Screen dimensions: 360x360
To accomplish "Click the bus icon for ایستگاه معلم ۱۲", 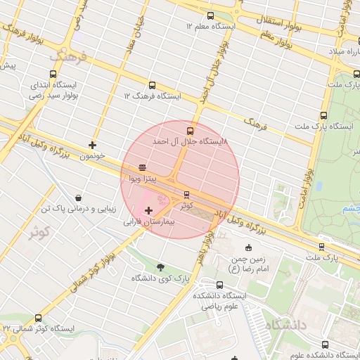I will pyautogui.click(x=211, y=15).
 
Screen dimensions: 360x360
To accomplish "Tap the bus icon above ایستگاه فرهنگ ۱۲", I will pyautogui.click(x=153, y=84).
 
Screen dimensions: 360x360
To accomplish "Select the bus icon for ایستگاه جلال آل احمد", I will pyautogui.click(x=190, y=131).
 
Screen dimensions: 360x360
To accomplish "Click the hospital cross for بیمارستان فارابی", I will pyautogui.click(x=148, y=210).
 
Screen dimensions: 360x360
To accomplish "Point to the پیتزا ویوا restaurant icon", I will pyautogui.click(x=143, y=167).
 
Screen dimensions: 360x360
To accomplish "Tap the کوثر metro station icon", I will pyautogui.click(x=186, y=195).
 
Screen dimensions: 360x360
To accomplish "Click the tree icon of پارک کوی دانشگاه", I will pyautogui.click(x=160, y=267).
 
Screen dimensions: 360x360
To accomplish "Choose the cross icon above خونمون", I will pyautogui.click(x=92, y=144).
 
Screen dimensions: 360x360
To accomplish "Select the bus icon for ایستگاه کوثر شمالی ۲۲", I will pyautogui.click(x=38, y=318).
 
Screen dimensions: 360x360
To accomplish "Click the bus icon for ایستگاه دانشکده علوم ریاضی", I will pyautogui.click(x=220, y=285).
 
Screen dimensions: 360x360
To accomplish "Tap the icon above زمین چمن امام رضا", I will pyautogui.click(x=248, y=247).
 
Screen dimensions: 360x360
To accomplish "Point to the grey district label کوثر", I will pyautogui.click(x=39, y=233).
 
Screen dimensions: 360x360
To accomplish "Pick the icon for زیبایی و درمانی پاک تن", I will pyautogui.click(x=77, y=197).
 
